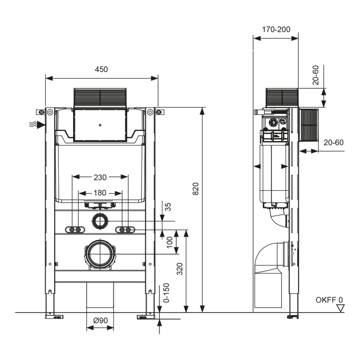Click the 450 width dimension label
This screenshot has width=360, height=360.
[101, 69]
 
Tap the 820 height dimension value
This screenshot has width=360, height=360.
[196, 189]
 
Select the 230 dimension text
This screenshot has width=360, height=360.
[100, 177]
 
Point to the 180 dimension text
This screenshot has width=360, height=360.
[100, 193]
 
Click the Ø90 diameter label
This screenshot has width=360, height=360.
[100, 320]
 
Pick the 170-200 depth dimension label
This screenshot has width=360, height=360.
[276, 29]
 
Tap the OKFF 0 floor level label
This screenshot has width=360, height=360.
[329, 300]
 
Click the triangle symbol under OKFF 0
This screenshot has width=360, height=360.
[340, 308]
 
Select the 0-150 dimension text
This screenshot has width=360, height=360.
[166, 293]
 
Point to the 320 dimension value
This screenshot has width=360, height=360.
[180, 269]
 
